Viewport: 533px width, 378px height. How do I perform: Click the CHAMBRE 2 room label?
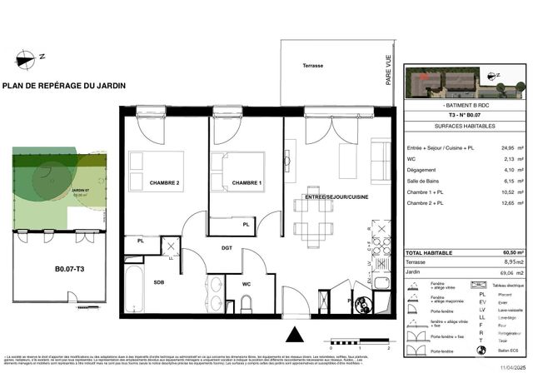click(165, 183)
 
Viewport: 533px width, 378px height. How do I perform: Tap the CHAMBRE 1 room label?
click(247, 183)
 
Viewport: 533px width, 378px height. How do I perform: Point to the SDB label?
click(159, 281)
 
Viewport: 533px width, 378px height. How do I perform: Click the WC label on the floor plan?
click(246, 284)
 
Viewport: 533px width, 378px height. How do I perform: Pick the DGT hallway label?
click(227, 247)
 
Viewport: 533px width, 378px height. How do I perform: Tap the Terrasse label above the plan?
click(312, 65)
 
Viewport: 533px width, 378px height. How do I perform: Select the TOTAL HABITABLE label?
click(429, 252)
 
